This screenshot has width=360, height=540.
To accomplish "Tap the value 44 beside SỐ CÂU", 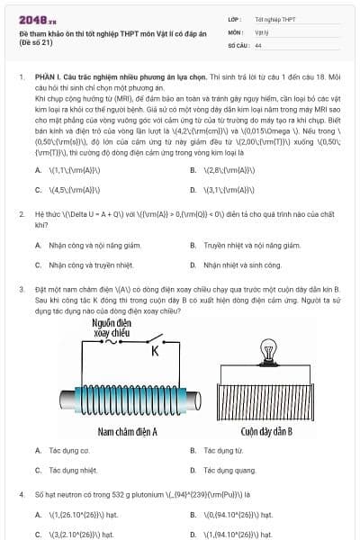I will point(258,44).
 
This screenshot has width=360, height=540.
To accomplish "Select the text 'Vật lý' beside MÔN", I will point(262,31).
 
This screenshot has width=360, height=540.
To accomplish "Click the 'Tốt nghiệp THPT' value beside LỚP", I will point(274,18).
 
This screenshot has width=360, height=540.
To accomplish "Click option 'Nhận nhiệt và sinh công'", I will point(242,265).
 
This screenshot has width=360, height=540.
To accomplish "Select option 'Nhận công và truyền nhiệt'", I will point(90,265).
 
